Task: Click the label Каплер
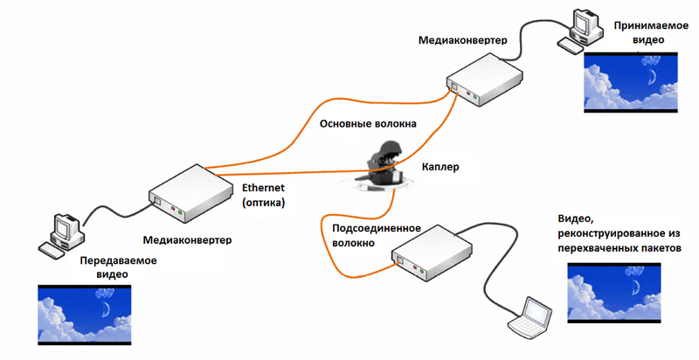point(440,168)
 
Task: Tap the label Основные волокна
point(368,124)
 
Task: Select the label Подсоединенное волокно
point(377,236)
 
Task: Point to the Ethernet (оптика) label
point(264,195)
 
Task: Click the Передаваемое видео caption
point(119,267)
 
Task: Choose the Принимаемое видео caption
point(651,32)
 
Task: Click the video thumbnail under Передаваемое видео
point(84,315)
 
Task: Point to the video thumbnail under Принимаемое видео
point(631,82)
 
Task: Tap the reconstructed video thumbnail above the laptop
point(614,293)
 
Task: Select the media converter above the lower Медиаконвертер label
point(190,194)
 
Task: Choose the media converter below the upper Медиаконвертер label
point(485,80)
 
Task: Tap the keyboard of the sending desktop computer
point(52,251)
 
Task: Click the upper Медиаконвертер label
point(463,40)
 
